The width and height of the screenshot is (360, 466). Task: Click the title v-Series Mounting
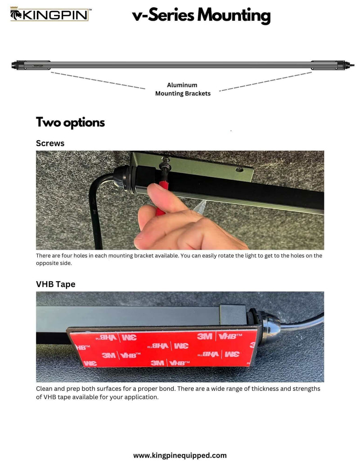201,15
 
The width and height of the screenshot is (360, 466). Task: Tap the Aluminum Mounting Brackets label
183,89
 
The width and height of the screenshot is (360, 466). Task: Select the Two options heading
70,122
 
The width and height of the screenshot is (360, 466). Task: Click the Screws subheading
50,143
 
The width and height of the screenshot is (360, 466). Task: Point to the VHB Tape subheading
55,284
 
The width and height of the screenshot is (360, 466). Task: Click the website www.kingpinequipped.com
180,455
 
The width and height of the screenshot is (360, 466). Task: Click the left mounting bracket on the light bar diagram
36,65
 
